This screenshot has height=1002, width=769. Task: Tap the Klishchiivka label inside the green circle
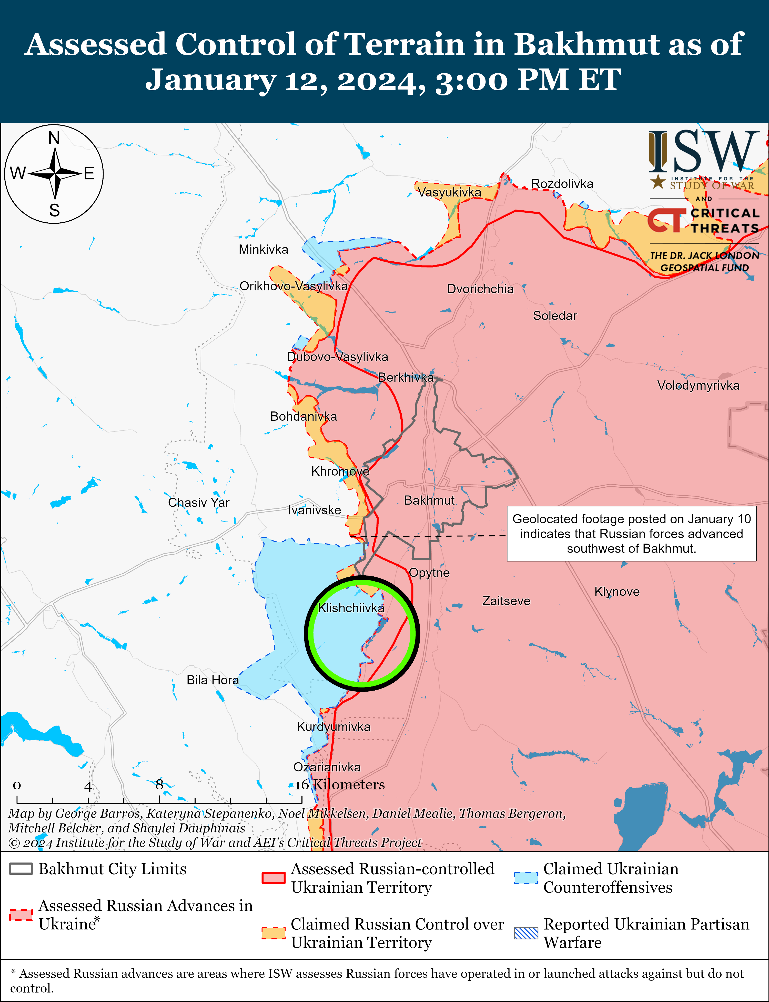coord(351,608)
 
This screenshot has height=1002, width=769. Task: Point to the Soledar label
coord(555,316)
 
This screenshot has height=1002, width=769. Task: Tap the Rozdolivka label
coord(562,184)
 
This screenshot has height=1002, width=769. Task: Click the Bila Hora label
coord(213,680)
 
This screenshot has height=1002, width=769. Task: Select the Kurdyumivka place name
coord(334,727)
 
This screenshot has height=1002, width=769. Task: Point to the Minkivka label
coord(263,250)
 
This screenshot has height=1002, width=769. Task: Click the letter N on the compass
coord(54,138)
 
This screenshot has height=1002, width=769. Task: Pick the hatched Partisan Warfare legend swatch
coord(526,933)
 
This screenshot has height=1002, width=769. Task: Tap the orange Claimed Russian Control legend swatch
coord(273,933)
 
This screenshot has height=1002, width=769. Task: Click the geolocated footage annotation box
coord(631,534)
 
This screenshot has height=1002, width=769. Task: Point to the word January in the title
coord(210,80)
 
